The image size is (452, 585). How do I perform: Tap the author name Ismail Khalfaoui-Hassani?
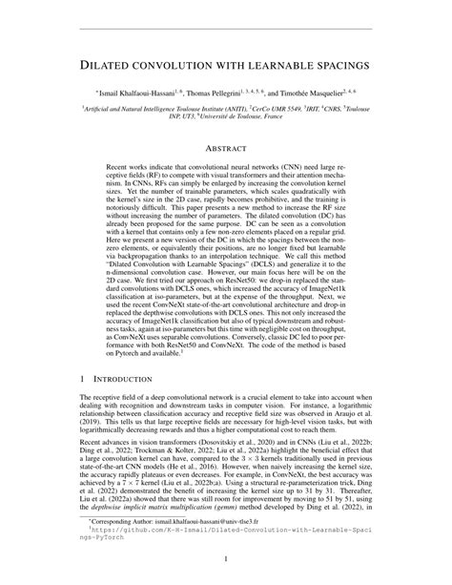tap(134, 94)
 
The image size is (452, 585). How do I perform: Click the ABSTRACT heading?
tap(226, 147)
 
